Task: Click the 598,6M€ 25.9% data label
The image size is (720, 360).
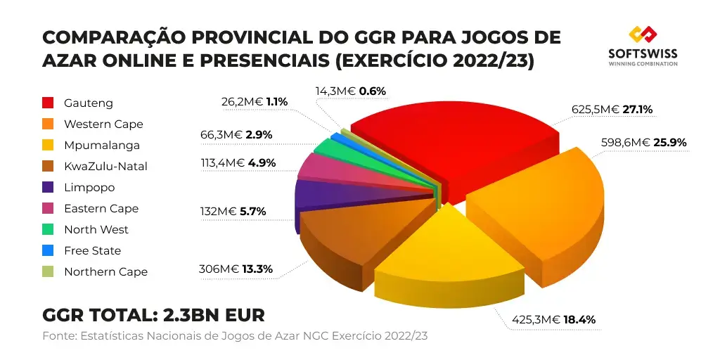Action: coord(643,142)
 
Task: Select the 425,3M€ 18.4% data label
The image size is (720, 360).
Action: coord(553,320)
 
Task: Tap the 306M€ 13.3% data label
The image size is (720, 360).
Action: coord(236,269)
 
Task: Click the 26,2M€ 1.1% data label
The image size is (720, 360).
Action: coord(255,101)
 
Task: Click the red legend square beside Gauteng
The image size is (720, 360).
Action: coord(49,103)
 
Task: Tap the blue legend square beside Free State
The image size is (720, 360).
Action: coord(49,251)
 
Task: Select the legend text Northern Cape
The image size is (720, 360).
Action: coord(105,272)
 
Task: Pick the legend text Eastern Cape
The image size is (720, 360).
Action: coord(101,209)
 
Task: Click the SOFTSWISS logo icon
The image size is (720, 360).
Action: coord(643,35)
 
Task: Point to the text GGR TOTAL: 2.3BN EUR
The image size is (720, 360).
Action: coord(153,314)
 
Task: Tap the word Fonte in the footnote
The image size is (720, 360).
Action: coord(58,335)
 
